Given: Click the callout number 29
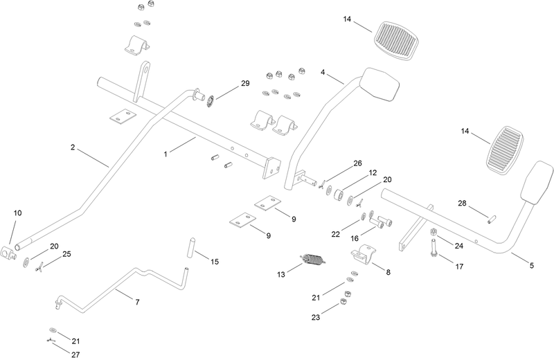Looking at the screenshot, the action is click(x=245, y=83).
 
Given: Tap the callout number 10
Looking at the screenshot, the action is click(x=18, y=213).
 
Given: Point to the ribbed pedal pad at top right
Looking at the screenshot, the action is click(x=395, y=41).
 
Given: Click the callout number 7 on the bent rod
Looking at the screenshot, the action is click(x=137, y=302).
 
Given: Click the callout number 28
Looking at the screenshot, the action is click(x=462, y=204).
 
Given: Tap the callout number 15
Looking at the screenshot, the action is click(x=215, y=262).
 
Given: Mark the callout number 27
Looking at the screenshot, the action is click(x=75, y=354).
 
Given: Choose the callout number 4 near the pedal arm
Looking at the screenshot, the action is click(x=323, y=73).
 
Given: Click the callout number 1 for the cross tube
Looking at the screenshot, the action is click(x=166, y=154).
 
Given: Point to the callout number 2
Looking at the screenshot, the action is click(x=73, y=147).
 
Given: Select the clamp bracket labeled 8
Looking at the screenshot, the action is click(x=363, y=253).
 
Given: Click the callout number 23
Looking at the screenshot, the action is click(x=316, y=318).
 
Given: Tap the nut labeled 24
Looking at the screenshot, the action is click(x=433, y=232).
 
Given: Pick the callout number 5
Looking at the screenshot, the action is click(x=532, y=266).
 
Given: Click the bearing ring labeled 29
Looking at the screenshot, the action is click(x=211, y=100).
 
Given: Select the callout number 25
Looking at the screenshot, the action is click(x=66, y=254).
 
